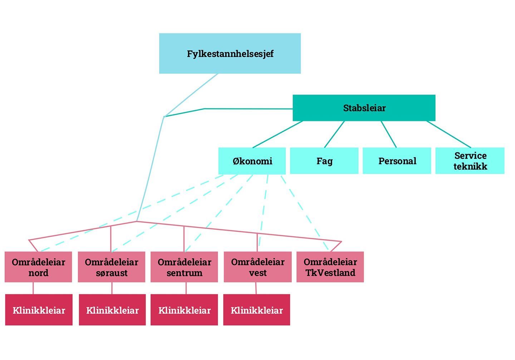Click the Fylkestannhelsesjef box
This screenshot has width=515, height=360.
pyautogui.click(x=230, y=54)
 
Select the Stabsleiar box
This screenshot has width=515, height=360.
pyautogui.click(x=364, y=108)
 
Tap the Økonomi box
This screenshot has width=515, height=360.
pyautogui.click(x=252, y=161)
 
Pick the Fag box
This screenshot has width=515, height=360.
pyautogui.click(x=324, y=161)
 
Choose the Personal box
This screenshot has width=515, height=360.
pyautogui.click(x=397, y=161)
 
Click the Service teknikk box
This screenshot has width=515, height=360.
pyautogui.click(x=470, y=161)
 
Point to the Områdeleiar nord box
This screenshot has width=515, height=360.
pyautogui.click(x=38, y=267)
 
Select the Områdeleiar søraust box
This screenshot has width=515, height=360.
pyautogui.click(x=112, y=267)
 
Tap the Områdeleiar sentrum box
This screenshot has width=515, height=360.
pyautogui.click(x=184, y=267)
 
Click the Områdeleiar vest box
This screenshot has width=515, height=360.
pyautogui.click(x=257, y=267)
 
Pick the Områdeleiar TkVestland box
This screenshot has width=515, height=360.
pyautogui.click(x=330, y=267)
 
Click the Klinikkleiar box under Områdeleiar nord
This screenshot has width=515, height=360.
pyautogui.click(x=39, y=310)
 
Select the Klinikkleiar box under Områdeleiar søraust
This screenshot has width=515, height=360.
pyautogui.click(x=112, y=310)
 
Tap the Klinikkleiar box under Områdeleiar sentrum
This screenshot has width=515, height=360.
pyautogui.click(x=184, y=310)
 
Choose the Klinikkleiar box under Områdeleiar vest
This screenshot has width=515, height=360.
pyautogui.click(x=257, y=310)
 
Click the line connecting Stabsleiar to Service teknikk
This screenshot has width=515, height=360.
pyautogui.click(x=449, y=135)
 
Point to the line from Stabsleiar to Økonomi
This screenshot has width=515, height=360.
pyautogui.click(x=278, y=135)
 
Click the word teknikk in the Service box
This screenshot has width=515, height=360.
pyautogui.click(x=470, y=166)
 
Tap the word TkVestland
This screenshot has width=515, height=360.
pyautogui.click(x=330, y=273)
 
